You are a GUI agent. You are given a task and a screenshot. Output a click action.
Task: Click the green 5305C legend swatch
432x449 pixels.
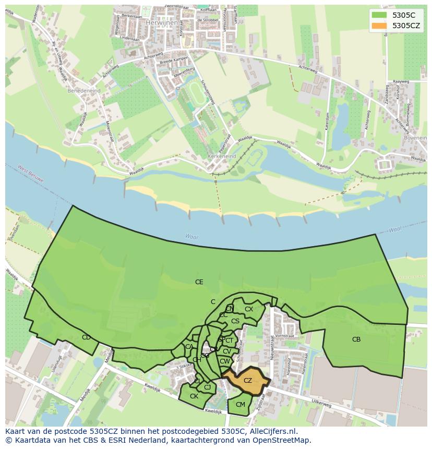pyautogui.click(x=379, y=16)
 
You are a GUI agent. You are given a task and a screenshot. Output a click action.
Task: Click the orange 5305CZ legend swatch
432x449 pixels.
pyautogui.click(x=379, y=26)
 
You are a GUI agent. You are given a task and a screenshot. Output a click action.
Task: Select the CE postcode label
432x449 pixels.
pyautogui.click(x=199, y=282)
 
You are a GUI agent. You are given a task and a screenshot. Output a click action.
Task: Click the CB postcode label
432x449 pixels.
pyautogui.click(x=356, y=339)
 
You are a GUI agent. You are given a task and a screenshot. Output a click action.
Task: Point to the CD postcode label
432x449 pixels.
pyautogui.click(x=86, y=337)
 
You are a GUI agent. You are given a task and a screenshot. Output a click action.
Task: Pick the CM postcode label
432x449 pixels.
pyautogui.click(x=240, y=405)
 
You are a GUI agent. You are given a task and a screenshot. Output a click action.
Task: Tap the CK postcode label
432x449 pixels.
pyautogui.click(x=194, y=396)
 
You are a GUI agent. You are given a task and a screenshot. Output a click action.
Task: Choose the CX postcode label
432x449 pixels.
pyautogui.click(x=249, y=309)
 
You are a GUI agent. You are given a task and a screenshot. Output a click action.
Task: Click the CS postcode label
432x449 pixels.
pyautogui.click(x=235, y=321)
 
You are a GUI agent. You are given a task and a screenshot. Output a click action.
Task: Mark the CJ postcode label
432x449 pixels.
pyautogui.click(x=207, y=387)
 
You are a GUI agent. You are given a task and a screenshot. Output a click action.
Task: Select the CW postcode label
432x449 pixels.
pyautogui.click(x=224, y=361)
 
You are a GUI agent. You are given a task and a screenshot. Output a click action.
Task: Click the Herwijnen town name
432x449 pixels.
pyautogui.click(x=158, y=23)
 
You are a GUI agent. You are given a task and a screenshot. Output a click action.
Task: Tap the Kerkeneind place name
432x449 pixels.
pyautogui.click(x=221, y=156)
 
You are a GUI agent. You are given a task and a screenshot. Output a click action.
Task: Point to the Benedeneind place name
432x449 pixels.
pyautogui.click(x=83, y=90)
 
